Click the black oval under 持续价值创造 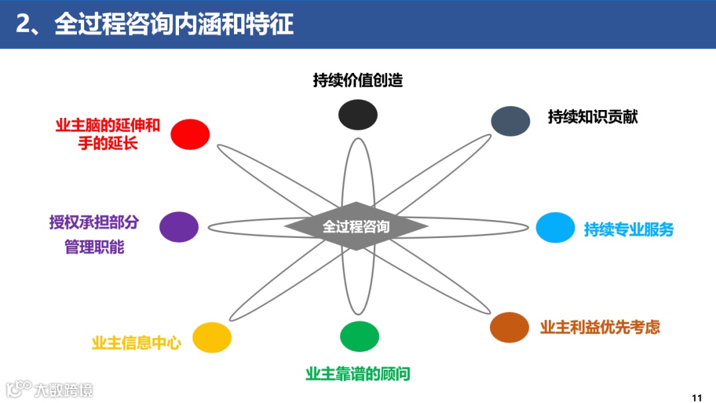[358, 114]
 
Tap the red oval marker [190, 134]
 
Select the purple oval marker [179, 227]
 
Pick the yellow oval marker [212, 337]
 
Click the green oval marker [359, 336]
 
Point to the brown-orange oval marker [509, 327]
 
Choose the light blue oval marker [556, 227]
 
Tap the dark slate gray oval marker [510, 121]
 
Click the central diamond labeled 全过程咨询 [356, 226]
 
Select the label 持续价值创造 [358, 80]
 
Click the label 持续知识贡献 [593, 117]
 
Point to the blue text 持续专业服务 [628, 229]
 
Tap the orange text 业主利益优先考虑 [600, 327]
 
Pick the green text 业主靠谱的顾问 [358, 374]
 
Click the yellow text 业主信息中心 [136, 343]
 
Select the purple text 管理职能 [94, 248]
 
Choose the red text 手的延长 [108, 143]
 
